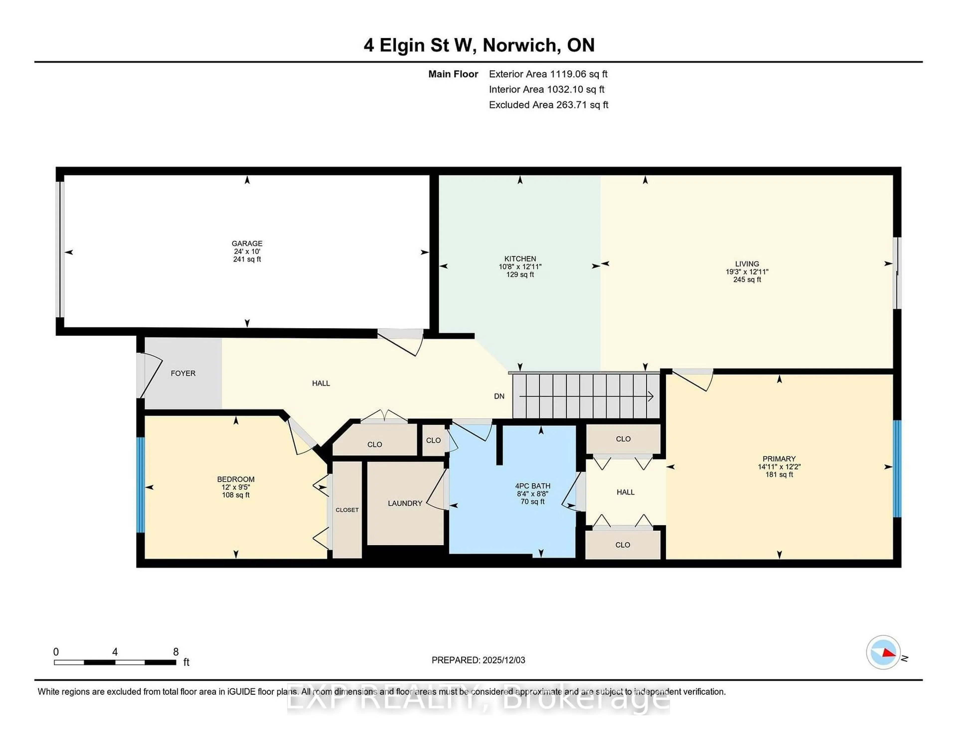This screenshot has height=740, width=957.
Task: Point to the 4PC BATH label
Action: point(532,486)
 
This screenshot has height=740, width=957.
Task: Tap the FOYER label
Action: point(183,373)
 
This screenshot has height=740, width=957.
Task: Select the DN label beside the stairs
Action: point(499,396)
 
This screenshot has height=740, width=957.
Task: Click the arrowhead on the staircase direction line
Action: point(651,396)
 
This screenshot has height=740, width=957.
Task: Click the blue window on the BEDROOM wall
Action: point(140,485)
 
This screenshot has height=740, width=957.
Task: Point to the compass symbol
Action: point(883,652)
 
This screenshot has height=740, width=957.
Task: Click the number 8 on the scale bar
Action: point(176,652)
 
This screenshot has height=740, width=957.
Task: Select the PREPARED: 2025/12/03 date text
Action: point(478,660)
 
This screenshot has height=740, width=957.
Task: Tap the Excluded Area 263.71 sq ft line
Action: point(548,105)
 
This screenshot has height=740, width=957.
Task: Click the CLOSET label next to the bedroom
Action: point(347,510)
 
